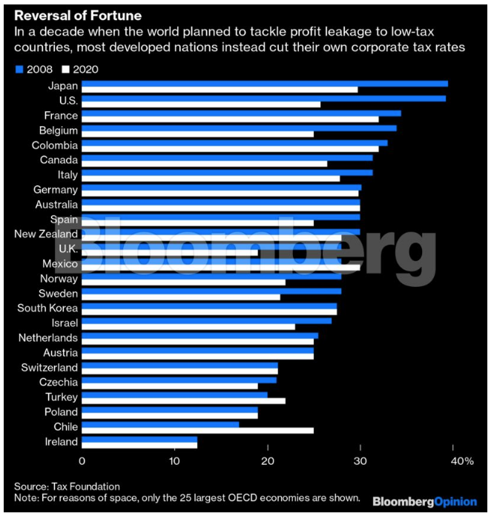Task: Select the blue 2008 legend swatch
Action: tap(19, 70)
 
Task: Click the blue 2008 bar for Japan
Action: tap(264, 83)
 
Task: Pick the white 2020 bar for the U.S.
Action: tap(200, 105)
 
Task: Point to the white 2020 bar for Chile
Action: tap(197, 431)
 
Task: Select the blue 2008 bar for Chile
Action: tap(160, 424)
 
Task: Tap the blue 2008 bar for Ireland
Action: tap(139, 442)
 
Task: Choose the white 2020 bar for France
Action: tap(230, 119)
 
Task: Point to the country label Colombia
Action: tap(55, 145)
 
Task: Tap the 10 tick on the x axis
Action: tap(174, 461)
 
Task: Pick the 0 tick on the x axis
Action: tap(82, 461)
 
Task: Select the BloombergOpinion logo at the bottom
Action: tap(424, 502)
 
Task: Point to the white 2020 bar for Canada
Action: tap(204, 164)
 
